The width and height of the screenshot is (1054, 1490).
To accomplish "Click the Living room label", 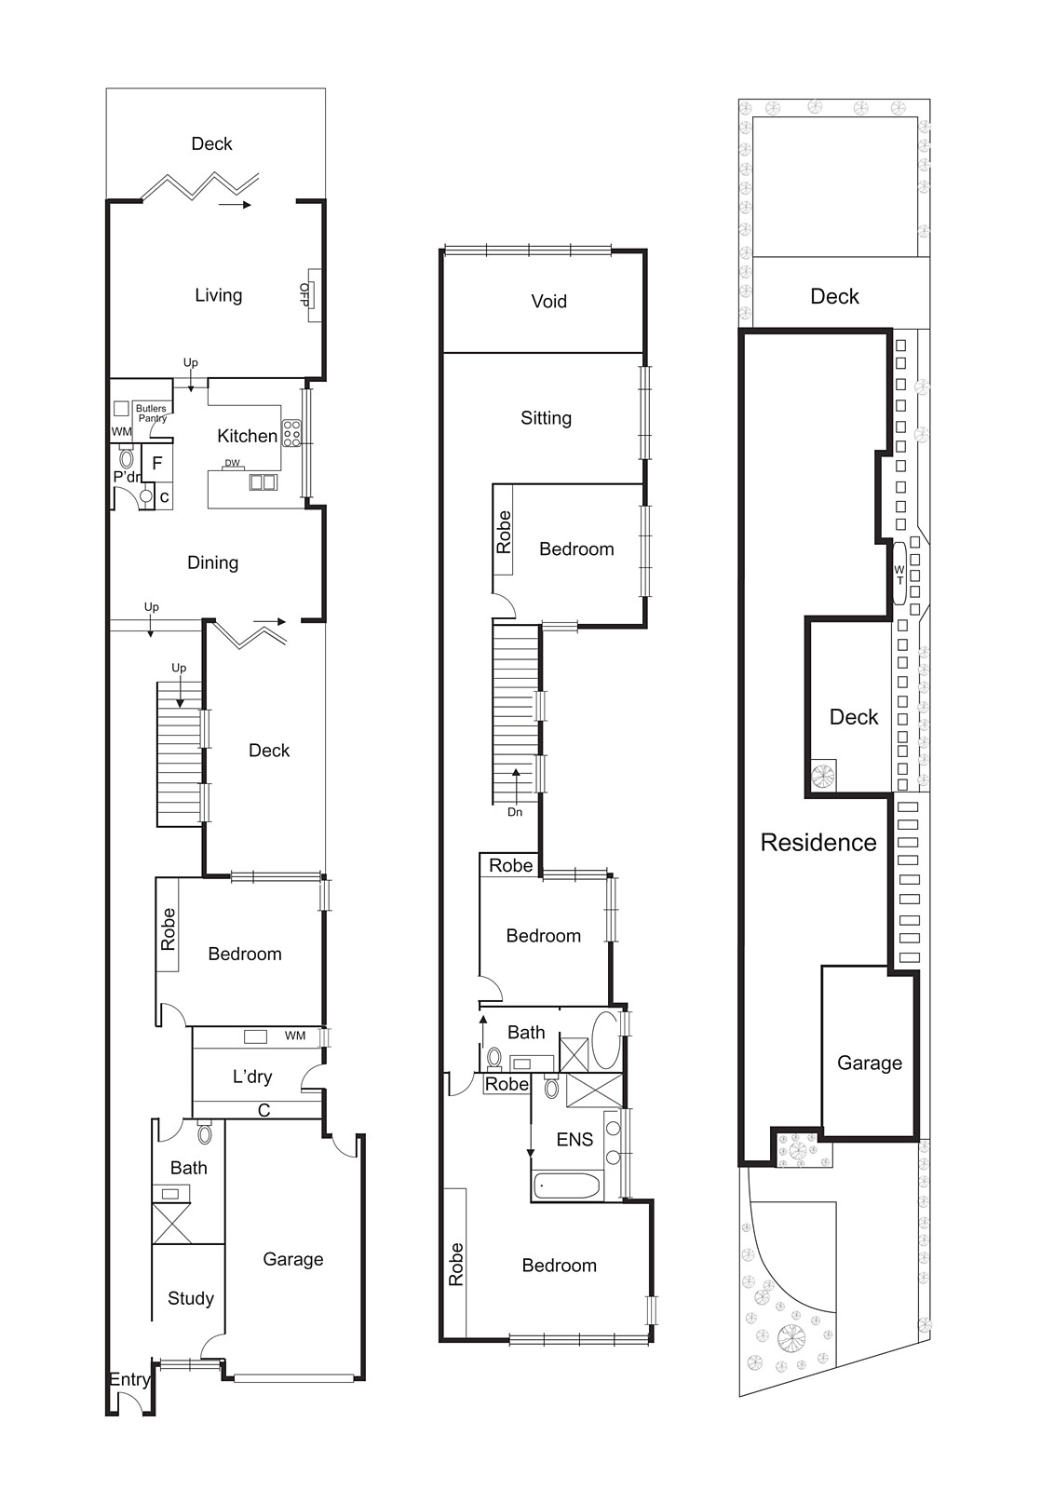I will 218,295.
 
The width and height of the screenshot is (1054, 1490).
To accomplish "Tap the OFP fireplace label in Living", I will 304,294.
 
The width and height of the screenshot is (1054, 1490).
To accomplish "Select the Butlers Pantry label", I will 151,413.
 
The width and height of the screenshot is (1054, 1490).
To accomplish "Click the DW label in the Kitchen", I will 232,463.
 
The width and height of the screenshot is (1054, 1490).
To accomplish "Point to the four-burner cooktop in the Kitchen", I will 291,433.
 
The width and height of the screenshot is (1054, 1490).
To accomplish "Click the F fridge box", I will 157,463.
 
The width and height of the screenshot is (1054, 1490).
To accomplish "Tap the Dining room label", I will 212,562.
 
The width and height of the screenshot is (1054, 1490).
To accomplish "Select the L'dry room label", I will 251,1077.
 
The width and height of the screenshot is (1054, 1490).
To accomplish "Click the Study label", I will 190,1298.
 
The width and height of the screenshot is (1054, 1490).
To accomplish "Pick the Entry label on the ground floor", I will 128,1379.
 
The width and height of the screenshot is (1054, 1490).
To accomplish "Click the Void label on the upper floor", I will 548,301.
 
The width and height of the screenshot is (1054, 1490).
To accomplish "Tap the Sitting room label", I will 546,418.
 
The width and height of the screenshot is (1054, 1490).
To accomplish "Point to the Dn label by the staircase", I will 515,812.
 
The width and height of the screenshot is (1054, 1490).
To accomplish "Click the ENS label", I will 574,1139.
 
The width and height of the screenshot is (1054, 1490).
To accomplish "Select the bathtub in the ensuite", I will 567,1186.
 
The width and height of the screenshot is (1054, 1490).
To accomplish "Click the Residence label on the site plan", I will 818,842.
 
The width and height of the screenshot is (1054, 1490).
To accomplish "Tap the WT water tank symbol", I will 899,575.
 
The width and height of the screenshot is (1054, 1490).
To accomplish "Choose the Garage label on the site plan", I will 870,1063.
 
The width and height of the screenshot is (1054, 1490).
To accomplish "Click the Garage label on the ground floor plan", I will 292,1259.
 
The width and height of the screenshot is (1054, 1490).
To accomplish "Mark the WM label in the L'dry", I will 295,1036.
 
